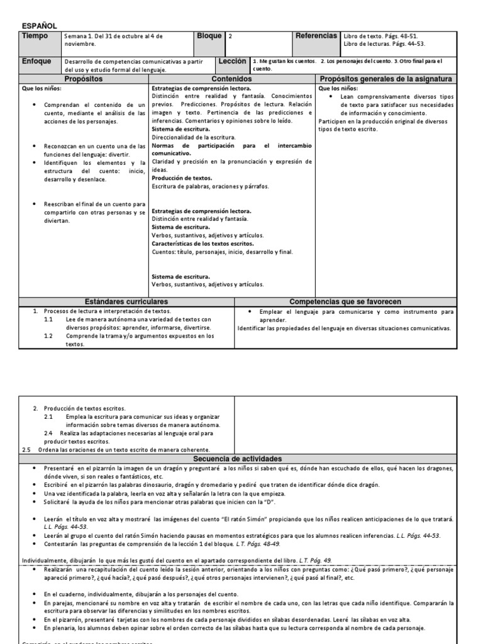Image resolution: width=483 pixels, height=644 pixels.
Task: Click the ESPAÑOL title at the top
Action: (x=40, y=26)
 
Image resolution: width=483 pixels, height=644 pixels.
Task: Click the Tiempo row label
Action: (x=35, y=36)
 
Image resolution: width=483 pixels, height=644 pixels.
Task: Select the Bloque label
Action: (x=209, y=36)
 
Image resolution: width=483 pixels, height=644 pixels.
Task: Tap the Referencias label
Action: (x=316, y=36)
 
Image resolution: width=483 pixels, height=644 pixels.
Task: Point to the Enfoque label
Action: (x=37, y=62)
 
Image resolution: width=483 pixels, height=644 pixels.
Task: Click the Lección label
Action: (x=233, y=62)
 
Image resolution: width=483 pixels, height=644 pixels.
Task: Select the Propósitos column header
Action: (x=84, y=79)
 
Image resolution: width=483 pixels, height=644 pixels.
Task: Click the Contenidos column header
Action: (x=231, y=79)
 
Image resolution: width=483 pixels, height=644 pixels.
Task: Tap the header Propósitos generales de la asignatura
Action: (x=394, y=79)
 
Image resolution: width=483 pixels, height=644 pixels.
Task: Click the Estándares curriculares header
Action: (x=126, y=302)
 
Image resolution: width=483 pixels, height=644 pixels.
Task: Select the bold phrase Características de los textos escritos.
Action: (x=203, y=243)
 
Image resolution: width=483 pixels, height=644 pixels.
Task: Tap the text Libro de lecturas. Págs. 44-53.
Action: (x=384, y=44)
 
